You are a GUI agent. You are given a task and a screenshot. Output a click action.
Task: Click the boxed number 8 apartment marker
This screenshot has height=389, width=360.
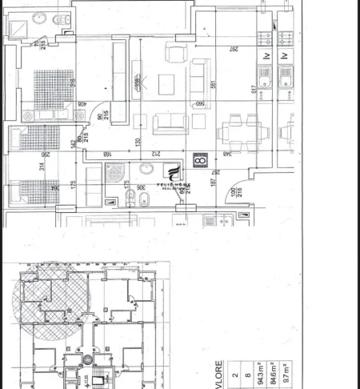pos(200,161)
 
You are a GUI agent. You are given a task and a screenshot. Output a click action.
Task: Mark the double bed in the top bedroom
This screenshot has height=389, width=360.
pos(50,88)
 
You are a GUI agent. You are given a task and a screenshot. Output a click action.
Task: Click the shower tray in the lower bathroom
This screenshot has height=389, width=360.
pos(114,172)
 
